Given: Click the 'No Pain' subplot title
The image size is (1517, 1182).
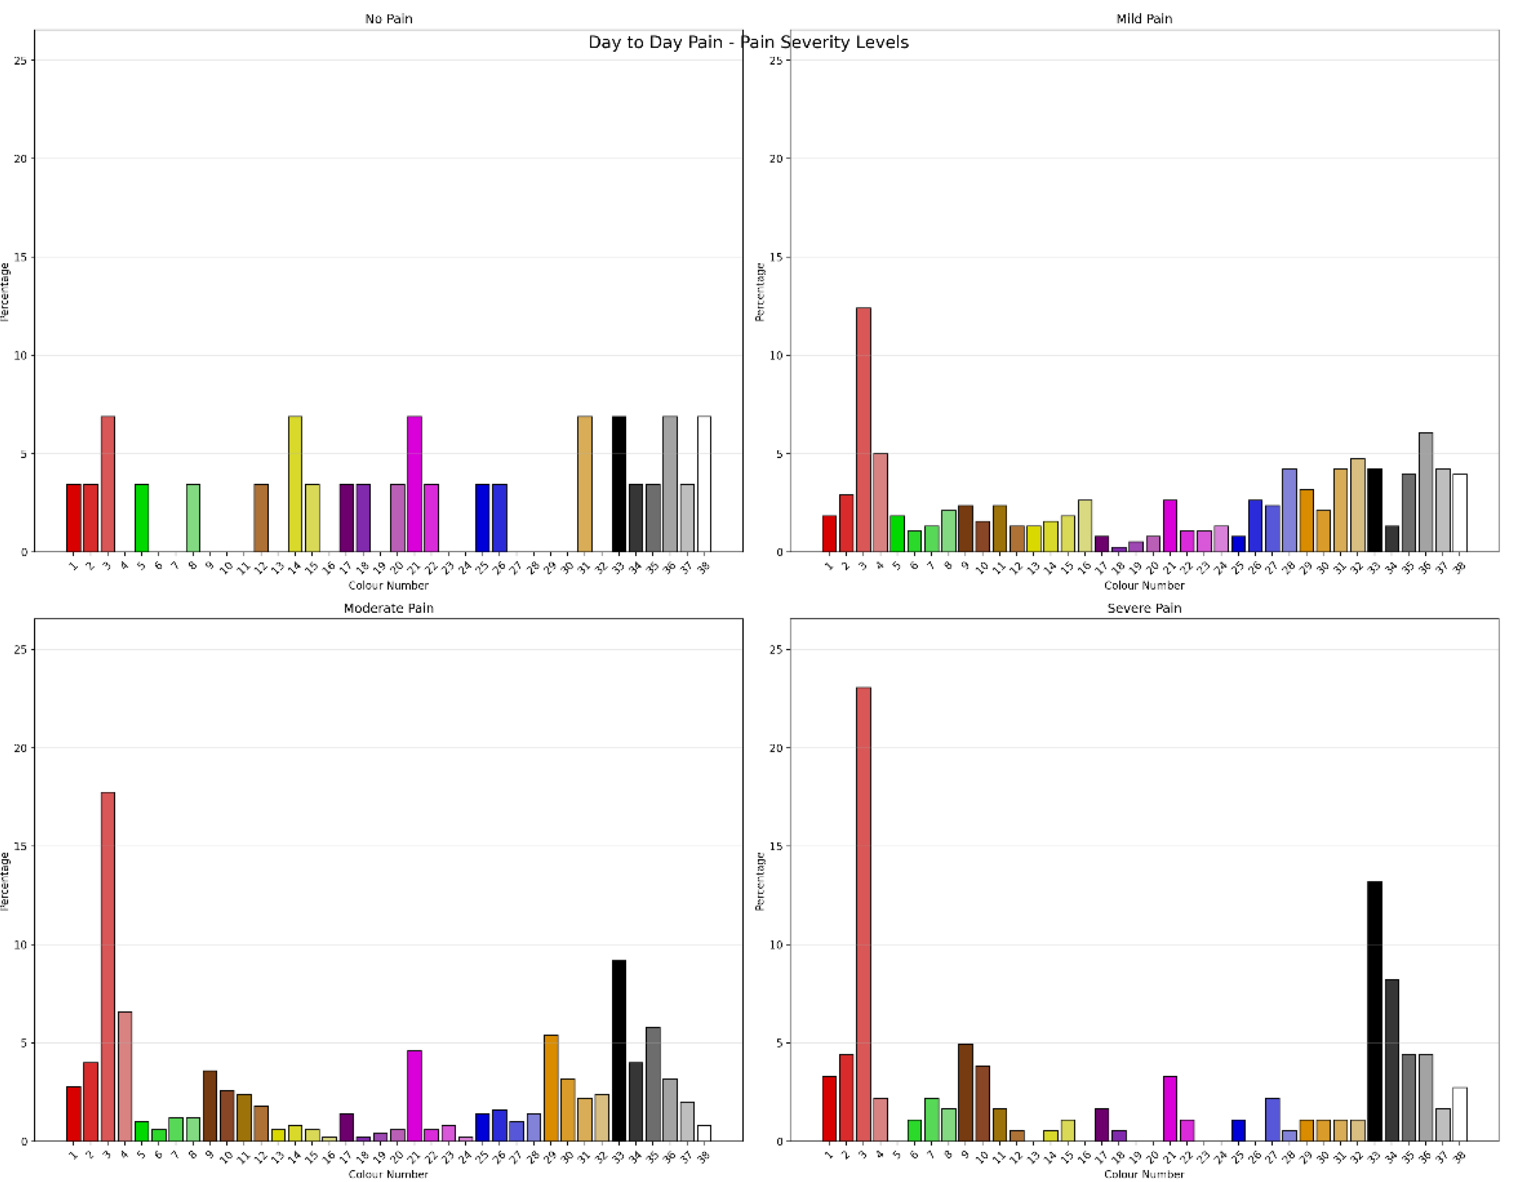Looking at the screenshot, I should pyautogui.click(x=388, y=19).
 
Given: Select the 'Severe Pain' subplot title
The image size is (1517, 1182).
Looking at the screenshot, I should pyautogui.click(x=1144, y=608).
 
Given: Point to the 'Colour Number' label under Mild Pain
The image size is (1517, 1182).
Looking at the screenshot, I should pyautogui.click(x=1144, y=586).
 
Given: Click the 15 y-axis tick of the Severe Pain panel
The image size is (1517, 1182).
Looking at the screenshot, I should pyautogui.click(x=775, y=847).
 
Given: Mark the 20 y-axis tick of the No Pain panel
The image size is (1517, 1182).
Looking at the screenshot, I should pyautogui.click(x=20, y=159).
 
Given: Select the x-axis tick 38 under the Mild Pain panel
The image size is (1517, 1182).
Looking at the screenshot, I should pyautogui.click(x=1459, y=568).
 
